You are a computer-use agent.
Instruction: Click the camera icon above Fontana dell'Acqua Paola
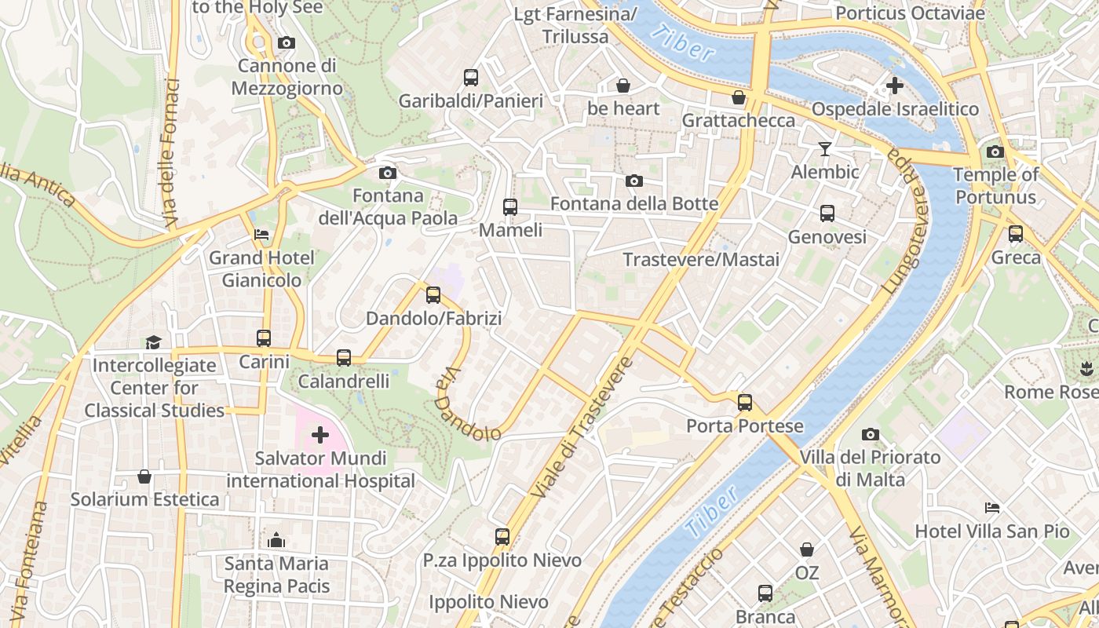[x=387, y=173]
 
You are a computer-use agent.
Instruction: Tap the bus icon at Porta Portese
[x=744, y=403]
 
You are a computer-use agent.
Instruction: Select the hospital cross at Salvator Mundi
[x=320, y=435]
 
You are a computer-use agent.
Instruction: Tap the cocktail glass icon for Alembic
[x=824, y=149]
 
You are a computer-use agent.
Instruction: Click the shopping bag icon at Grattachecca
[x=738, y=98]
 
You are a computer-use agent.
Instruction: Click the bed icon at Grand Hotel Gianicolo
[x=261, y=235]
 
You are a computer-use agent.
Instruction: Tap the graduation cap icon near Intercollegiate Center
[x=153, y=342]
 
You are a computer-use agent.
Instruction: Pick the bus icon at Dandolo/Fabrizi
[x=433, y=296]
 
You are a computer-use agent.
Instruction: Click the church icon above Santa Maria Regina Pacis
[x=276, y=540]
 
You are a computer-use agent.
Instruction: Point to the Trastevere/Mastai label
[x=701, y=260]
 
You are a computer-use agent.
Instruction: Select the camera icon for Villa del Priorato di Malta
[x=870, y=435]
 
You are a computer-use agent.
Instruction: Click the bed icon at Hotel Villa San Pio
[x=992, y=509]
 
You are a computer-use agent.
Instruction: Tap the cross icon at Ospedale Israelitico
[x=894, y=86]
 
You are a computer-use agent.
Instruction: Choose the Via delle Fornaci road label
[x=172, y=153]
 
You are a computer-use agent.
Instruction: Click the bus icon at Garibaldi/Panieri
[x=470, y=78]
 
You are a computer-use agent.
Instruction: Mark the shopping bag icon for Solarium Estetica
[x=144, y=476]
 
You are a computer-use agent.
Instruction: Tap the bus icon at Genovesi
[x=827, y=214]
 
